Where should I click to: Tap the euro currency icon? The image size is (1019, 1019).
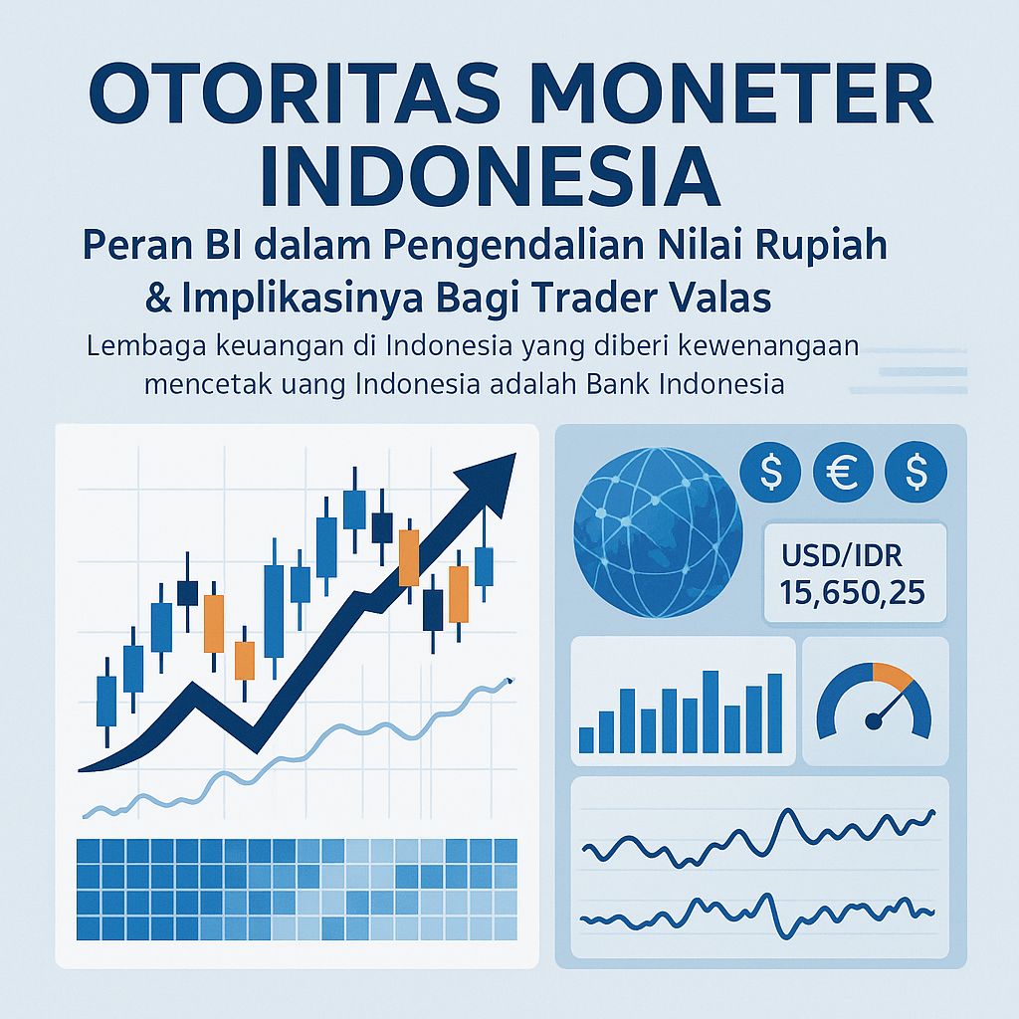click(x=842, y=471)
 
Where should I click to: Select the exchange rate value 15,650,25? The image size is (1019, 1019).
click(x=853, y=593)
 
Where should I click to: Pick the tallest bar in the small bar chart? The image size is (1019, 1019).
click(x=711, y=711)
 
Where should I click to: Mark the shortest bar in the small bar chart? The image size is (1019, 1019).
click(x=586, y=739)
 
